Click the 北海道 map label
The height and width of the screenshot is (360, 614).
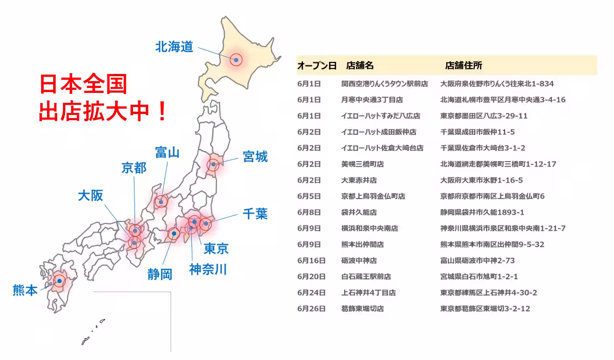[174, 47]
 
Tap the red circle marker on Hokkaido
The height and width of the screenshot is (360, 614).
[236, 60]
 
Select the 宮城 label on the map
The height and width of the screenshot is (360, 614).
[255, 156]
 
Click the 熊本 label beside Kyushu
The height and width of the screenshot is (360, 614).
[25, 290]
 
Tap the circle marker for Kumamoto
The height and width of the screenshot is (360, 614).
[60, 281]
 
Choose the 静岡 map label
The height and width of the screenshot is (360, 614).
[160, 274]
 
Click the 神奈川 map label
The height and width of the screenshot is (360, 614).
[208, 269]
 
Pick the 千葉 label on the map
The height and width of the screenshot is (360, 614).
[255, 213]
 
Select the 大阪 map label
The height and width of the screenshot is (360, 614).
[91, 195]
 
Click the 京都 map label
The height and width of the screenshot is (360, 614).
[134, 168]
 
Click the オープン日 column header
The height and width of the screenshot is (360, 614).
[317, 65]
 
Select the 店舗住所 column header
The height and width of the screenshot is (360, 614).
[464, 65]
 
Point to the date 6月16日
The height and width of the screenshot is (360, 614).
[311, 261]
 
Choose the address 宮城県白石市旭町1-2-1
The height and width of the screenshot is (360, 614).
[479, 277]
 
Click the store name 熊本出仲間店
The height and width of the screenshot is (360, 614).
[362, 244]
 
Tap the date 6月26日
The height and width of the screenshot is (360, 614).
[311, 309]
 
